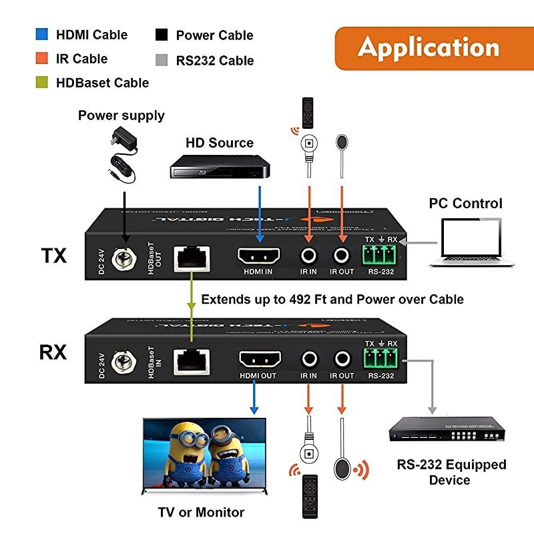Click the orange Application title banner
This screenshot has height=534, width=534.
point(428,47)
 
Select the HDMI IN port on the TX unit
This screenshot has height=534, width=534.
point(260,256)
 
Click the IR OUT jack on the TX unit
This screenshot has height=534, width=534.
point(342,254)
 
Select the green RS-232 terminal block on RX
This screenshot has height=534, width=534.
point(380,359)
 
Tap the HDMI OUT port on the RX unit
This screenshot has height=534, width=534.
point(258,360)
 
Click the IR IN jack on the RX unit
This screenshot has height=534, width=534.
point(308,360)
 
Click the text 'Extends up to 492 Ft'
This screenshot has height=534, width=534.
point(267,299)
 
